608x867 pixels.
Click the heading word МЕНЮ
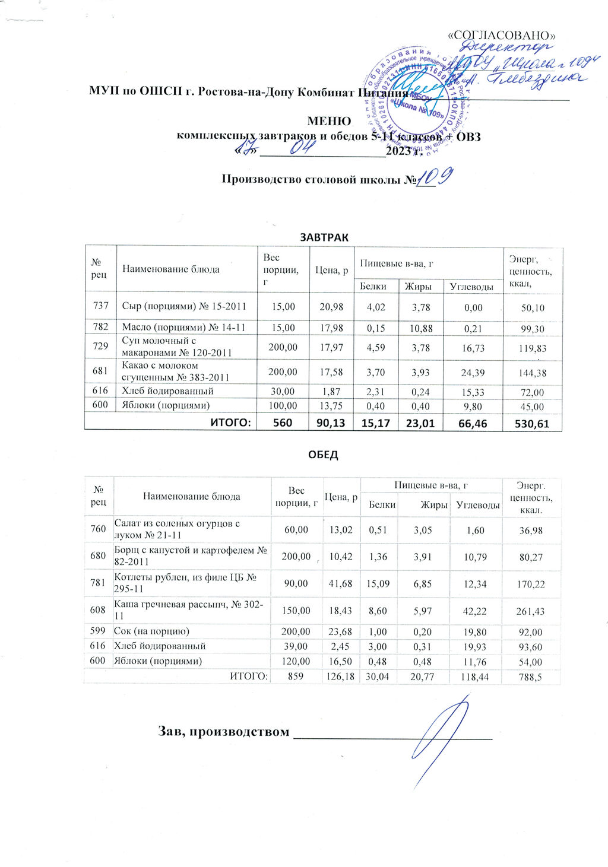(x=328, y=121)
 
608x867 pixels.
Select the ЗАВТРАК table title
(x=324, y=237)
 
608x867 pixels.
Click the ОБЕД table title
(x=322, y=455)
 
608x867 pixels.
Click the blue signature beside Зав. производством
(x=436, y=733)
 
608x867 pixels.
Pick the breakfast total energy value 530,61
(x=532, y=423)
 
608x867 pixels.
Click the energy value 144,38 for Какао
(x=532, y=373)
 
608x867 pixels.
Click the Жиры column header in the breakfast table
(x=417, y=286)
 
